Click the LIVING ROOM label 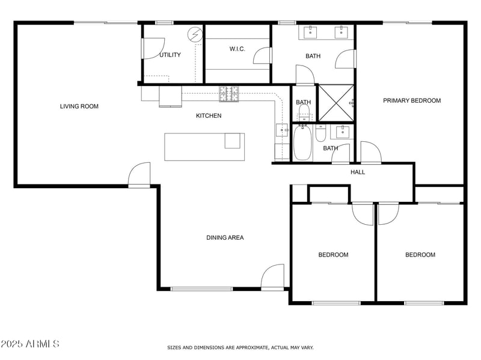click(x=79, y=106)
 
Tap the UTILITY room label click(x=170, y=55)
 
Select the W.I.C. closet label click(x=237, y=49)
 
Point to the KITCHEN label click(x=209, y=115)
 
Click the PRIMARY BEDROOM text click(x=412, y=100)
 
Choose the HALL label click(x=358, y=172)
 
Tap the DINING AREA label click(x=225, y=237)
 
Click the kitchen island click(x=204, y=147)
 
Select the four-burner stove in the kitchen click(x=228, y=93)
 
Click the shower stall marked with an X click(x=335, y=103)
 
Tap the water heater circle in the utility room click(x=195, y=35)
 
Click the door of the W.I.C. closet click(x=262, y=55)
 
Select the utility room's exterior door click(x=152, y=48)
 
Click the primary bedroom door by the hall click(x=370, y=153)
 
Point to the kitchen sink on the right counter click(x=281, y=130)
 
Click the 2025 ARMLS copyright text click(x=30, y=344)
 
